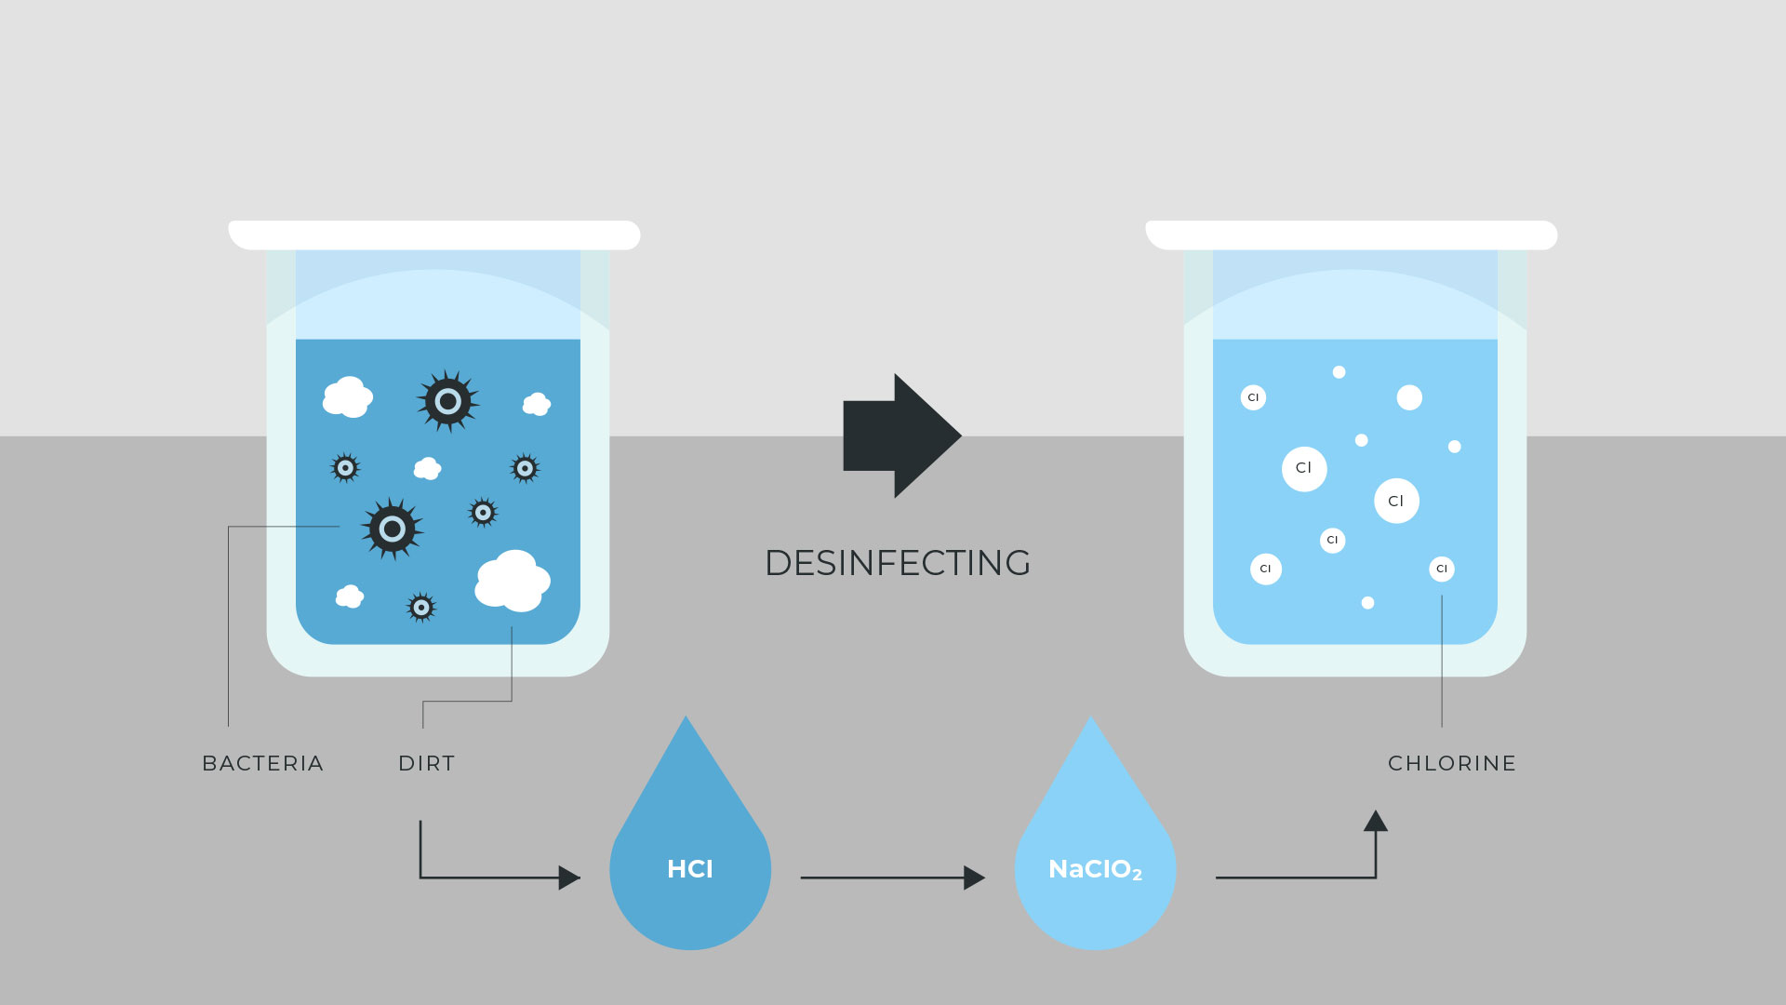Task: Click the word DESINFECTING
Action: pos(898,563)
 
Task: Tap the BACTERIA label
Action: pos(262,763)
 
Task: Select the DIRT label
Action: pos(426,763)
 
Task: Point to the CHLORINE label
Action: pos(1451,763)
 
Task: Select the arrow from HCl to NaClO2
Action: pos(891,878)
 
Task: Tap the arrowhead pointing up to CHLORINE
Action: pos(1376,821)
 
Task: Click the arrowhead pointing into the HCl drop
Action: pos(568,878)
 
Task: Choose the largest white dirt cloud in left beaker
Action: pos(513,581)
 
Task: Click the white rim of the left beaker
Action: pos(434,234)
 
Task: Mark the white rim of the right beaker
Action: pos(1352,234)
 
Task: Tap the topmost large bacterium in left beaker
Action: pos(448,401)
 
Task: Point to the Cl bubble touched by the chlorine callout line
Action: pos(1442,569)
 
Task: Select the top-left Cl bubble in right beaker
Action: pos(1253,397)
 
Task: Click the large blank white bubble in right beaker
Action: pos(1409,397)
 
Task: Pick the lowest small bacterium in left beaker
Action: pos(421,608)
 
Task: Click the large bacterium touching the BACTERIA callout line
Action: pos(392,529)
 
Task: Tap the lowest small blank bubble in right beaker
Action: pos(1367,603)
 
